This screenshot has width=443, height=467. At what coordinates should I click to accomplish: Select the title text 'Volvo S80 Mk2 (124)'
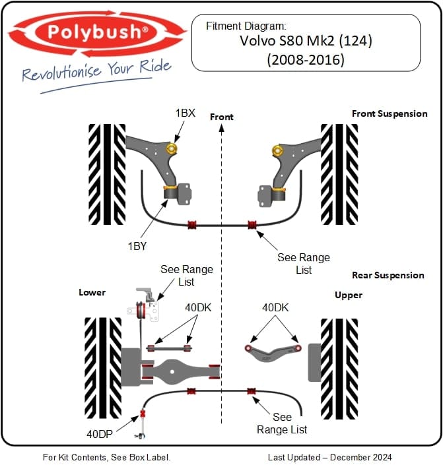306,41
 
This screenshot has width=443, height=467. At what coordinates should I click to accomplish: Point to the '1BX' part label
185,113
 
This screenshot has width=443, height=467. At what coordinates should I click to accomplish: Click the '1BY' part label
137,246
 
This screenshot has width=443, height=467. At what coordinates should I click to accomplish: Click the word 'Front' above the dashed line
222,117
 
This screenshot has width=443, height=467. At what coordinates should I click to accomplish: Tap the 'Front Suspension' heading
390,113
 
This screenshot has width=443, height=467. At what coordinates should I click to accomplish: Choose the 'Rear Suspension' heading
388,275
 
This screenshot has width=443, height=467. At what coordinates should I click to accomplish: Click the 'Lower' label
92,292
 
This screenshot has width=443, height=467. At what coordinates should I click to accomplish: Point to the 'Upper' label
348,295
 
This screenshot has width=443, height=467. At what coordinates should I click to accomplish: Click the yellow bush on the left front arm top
173,148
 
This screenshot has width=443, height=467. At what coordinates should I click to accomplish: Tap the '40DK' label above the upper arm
275,307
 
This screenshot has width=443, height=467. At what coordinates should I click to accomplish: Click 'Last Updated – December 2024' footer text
329,457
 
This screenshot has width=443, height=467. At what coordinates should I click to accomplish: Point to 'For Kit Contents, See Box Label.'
107,457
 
